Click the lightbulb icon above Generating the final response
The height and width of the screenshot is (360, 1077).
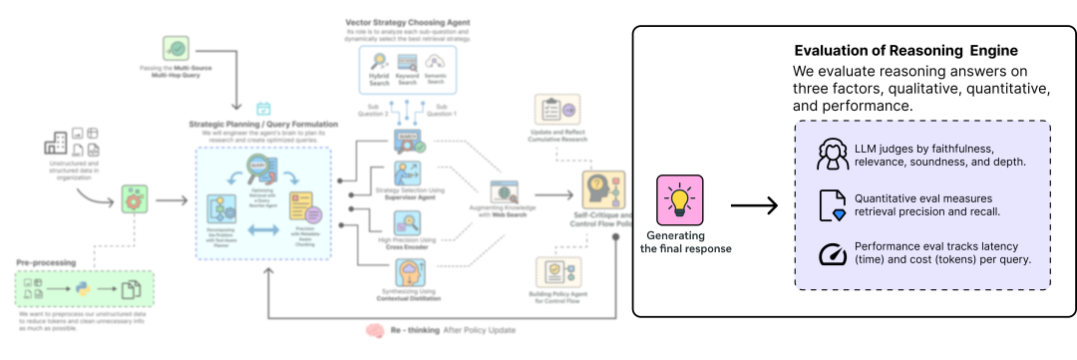tap(679, 199)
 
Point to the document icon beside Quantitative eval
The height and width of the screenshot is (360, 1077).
tap(832, 205)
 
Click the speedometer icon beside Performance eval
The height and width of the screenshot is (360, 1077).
tap(832, 254)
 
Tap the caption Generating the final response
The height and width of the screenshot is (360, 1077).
tap(685, 241)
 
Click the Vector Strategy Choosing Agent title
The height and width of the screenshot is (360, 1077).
tap(406, 22)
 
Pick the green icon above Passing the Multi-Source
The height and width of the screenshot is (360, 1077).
tap(177, 47)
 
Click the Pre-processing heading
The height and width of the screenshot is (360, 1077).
tap(46, 262)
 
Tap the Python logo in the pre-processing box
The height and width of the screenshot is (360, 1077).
tap(82, 290)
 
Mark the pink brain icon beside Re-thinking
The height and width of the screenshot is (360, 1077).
tap(375, 330)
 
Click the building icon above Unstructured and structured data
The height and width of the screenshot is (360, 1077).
tap(57, 145)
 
